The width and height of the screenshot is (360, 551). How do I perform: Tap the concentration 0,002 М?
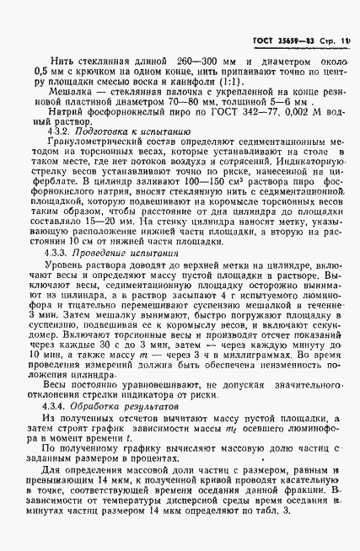coord(290,131)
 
